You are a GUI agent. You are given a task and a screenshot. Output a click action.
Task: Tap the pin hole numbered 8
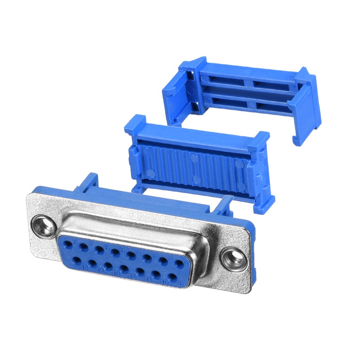pos(68,244)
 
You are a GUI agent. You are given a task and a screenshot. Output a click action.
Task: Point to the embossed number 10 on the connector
pos(164,282)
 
